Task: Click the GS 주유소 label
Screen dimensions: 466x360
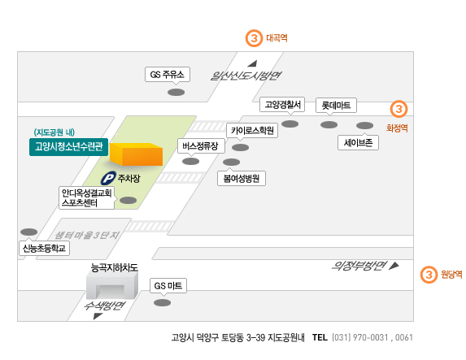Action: pos(168,74)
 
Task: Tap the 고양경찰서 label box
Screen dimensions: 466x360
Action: pos(282,105)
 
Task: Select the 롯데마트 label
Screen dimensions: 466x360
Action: pos(336,105)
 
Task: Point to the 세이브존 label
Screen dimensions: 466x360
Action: pos(358,142)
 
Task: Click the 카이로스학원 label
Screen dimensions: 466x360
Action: pos(252,130)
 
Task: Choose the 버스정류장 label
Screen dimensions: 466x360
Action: pos(201,145)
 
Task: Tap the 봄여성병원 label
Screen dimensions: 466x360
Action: pos(242,178)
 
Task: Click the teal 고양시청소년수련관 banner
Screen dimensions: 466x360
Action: pos(68,147)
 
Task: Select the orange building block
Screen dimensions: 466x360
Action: pos(136,154)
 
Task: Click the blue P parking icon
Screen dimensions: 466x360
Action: pos(108,178)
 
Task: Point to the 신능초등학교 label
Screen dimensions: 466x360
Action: pos(44,248)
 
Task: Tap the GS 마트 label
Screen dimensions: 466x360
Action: pos(168,286)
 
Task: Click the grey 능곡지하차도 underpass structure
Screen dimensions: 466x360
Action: pos(112,285)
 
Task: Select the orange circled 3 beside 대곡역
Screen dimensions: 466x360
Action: pos(254,38)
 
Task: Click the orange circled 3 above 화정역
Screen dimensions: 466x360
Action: pos(398,109)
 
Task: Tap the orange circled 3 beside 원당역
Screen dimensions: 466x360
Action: pos(429,274)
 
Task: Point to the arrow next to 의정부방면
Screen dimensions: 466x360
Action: pos(394,266)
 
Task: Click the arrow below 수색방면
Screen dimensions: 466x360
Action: pos(98,316)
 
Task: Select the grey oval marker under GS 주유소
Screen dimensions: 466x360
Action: pos(176,92)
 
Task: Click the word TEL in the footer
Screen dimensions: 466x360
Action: pos(320,337)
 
